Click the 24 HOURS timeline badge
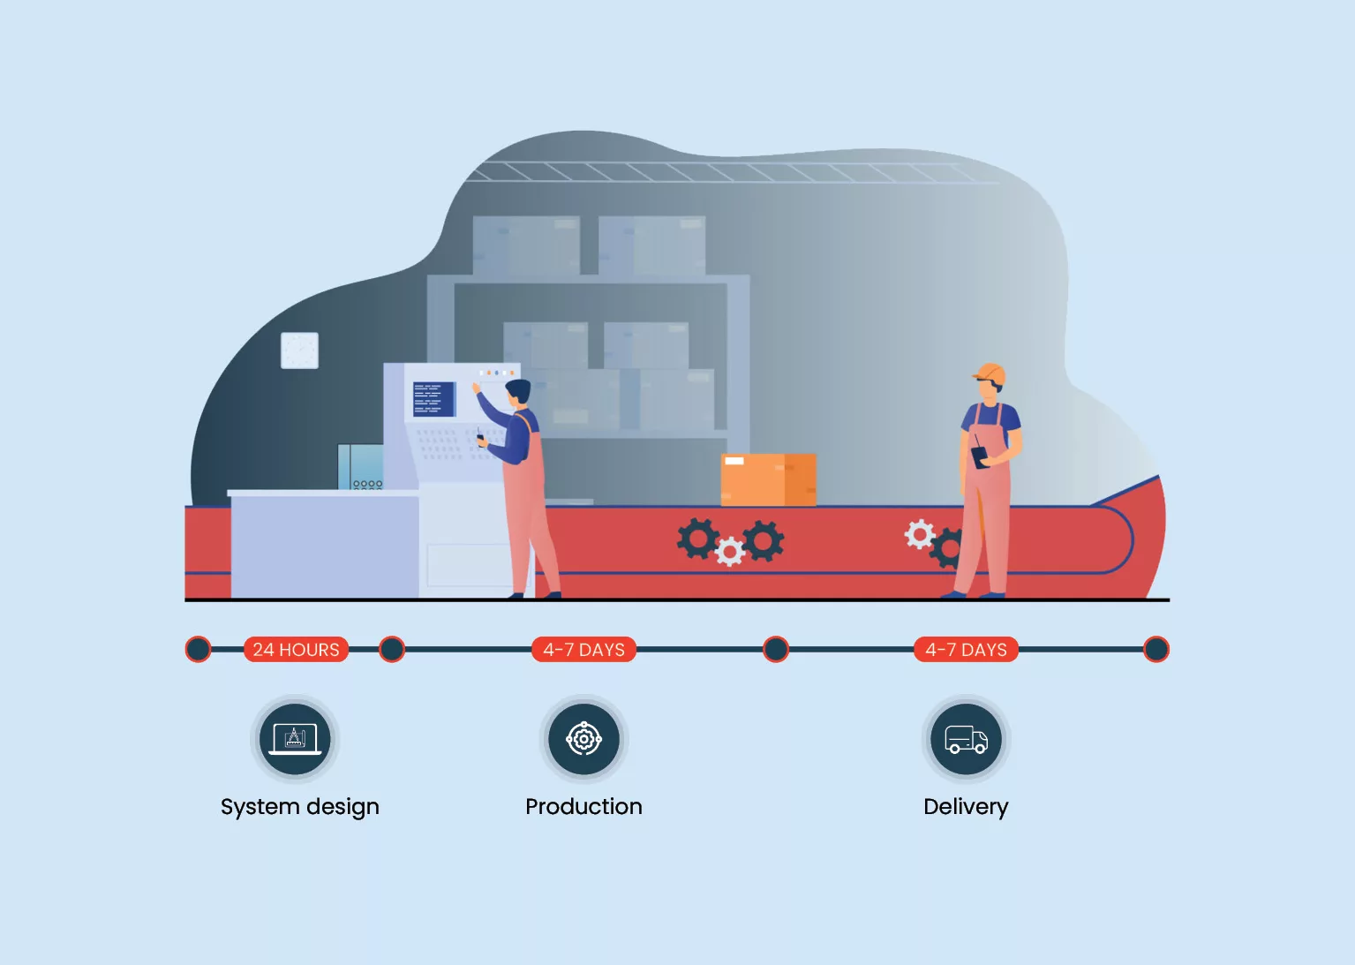pyautogui.click(x=296, y=650)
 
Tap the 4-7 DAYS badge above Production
pyautogui.click(x=583, y=650)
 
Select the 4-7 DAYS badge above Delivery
pyautogui.click(x=966, y=650)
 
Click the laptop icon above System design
pyautogui.click(x=295, y=739)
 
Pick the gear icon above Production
pyautogui.click(x=583, y=739)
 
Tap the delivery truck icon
pyautogui.click(x=966, y=739)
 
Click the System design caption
pyautogui.click(x=299, y=807)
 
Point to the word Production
pyautogui.click(x=583, y=807)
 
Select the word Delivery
pyautogui.click(x=966, y=807)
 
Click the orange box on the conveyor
pyautogui.click(x=768, y=479)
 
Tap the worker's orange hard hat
pyautogui.click(x=990, y=373)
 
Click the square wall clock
pyautogui.click(x=299, y=351)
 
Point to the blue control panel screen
pyautogui.click(x=433, y=399)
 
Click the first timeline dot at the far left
pyautogui.click(x=199, y=650)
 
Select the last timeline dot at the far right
pyautogui.click(x=1156, y=650)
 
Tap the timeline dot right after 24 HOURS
pyautogui.click(x=392, y=650)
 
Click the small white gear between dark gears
pyautogui.click(x=730, y=552)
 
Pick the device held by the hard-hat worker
pyautogui.click(x=980, y=456)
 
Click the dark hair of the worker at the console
pyautogui.click(x=518, y=389)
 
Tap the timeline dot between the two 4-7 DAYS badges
pyautogui.click(x=775, y=650)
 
